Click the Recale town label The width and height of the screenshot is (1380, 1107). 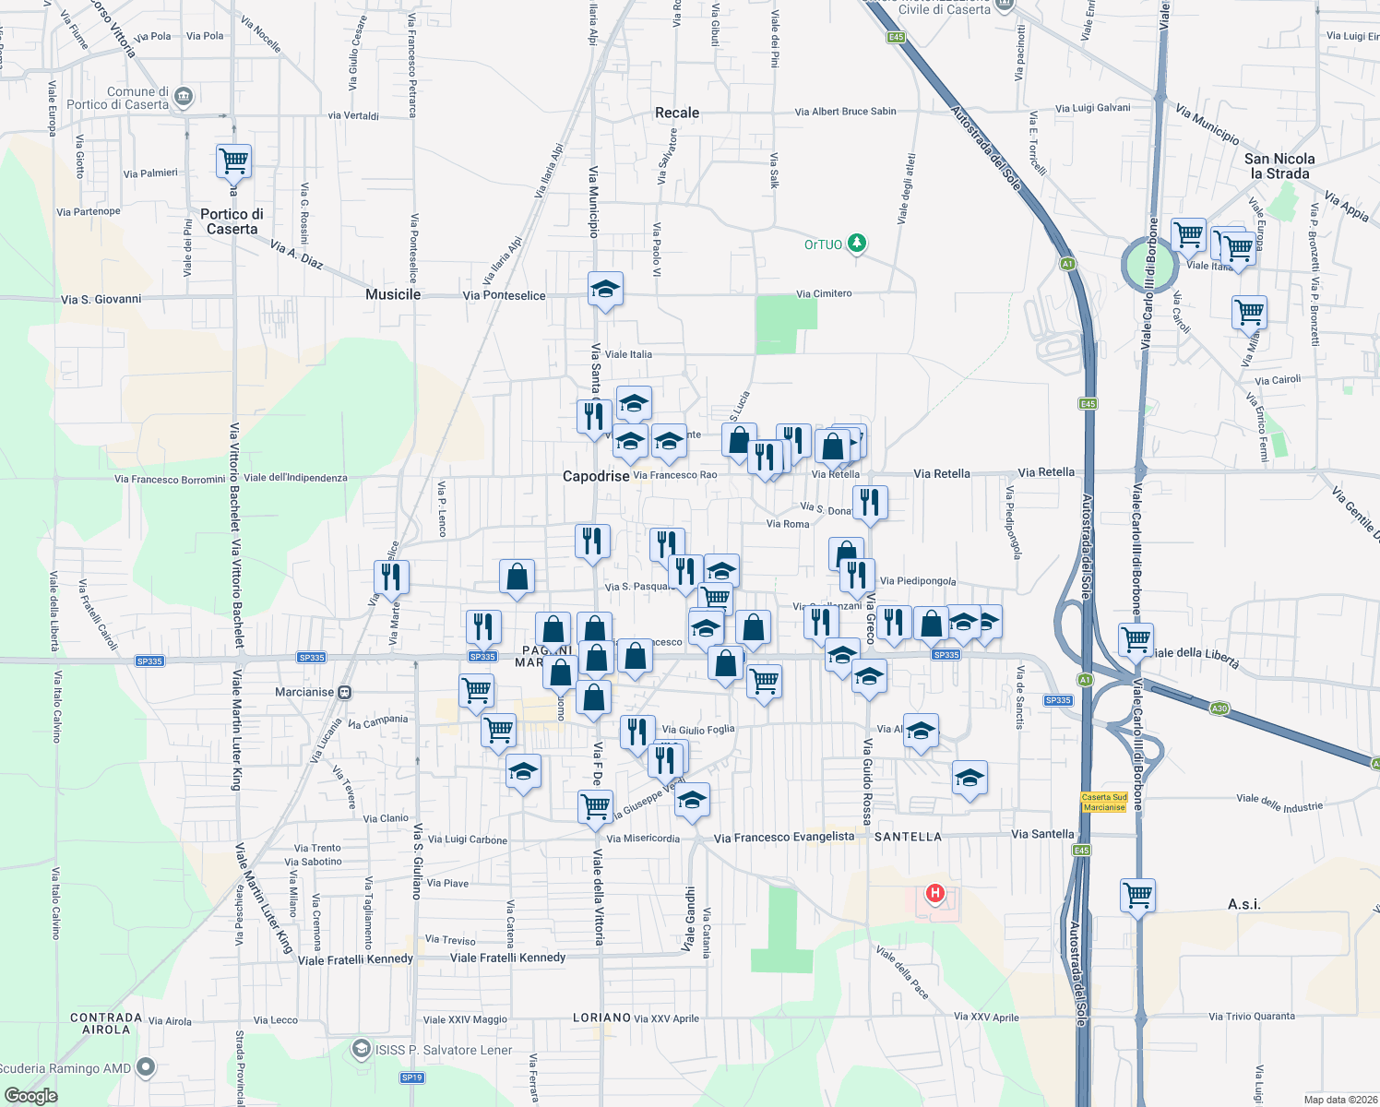point(677,113)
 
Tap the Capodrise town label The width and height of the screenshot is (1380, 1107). point(596,476)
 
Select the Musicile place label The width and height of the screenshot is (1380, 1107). point(393,294)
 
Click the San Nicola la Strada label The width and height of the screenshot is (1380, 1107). point(1279,166)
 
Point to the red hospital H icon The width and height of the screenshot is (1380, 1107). point(935,893)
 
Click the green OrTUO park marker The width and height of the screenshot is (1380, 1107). point(858,244)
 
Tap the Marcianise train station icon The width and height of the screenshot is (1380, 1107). point(345,692)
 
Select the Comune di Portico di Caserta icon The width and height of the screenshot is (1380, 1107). point(184,96)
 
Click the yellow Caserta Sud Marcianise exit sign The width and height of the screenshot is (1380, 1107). point(1104,802)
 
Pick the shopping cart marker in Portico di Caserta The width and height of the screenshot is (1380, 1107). point(233,161)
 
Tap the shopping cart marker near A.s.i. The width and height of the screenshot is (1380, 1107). point(1137,894)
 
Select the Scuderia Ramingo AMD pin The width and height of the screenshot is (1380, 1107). point(146,1067)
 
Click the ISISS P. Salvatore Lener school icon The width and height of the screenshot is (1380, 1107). point(362,1049)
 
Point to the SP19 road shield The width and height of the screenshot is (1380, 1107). point(411,1077)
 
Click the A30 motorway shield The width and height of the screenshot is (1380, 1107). point(1219,708)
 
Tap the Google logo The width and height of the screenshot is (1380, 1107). point(30,1096)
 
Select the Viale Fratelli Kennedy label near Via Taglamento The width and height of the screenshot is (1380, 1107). point(355,959)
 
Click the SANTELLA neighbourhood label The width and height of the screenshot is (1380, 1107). point(908,837)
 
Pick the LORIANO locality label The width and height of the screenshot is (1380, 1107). point(601,1018)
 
